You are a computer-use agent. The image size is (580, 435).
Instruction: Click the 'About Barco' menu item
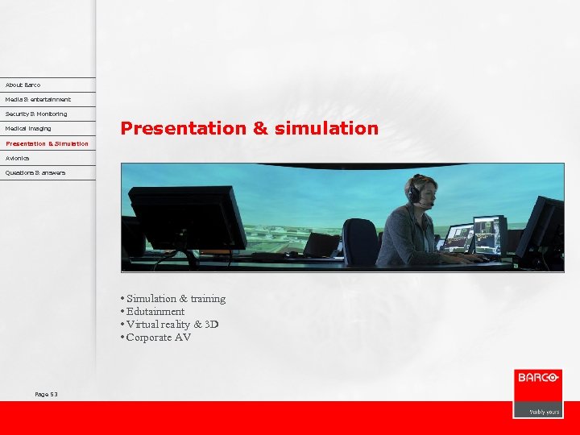tap(23, 85)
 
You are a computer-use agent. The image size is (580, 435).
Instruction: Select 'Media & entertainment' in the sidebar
tap(38, 99)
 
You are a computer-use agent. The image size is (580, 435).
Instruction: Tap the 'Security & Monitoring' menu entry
tap(36, 114)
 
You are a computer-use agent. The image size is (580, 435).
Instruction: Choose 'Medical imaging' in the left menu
tap(28, 128)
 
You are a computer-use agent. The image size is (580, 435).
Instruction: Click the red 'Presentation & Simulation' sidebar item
tap(47, 143)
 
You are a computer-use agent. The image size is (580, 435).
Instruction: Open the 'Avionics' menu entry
tap(17, 158)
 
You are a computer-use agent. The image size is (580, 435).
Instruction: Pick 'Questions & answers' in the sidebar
tap(35, 172)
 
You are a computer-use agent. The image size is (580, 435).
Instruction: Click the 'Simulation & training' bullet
tap(176, 299)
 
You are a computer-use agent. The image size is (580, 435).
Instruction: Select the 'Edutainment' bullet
tap(155, 312)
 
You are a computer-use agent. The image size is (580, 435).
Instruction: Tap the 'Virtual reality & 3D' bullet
tap(172, 325)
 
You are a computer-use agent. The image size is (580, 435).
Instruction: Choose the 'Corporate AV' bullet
tap(159, 338)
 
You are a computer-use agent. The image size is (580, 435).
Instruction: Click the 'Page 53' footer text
tap(46, 394)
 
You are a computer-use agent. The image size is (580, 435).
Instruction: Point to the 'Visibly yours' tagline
tap(544, 411)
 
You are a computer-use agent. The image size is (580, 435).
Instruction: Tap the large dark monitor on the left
tap(187, 217)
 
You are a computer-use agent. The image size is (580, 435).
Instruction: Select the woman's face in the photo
tap(427, 194)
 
